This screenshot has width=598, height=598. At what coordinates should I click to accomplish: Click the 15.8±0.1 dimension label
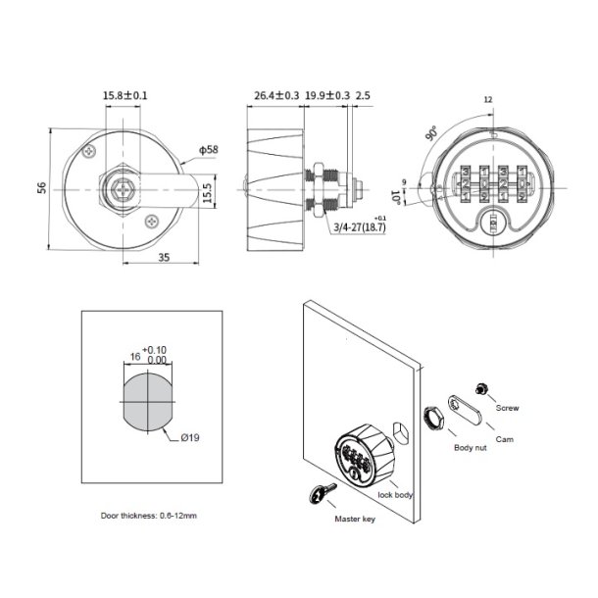coord(125,95)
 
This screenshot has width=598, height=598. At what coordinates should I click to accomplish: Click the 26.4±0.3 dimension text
coord(275,95)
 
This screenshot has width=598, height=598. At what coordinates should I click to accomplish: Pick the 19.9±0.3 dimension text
coord(327,95)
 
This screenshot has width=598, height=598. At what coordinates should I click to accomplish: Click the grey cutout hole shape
coord(144,401)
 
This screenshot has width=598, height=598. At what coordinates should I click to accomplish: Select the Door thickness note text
coord(149,515)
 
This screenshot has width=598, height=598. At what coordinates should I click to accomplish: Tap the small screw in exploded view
coord(482,390)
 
